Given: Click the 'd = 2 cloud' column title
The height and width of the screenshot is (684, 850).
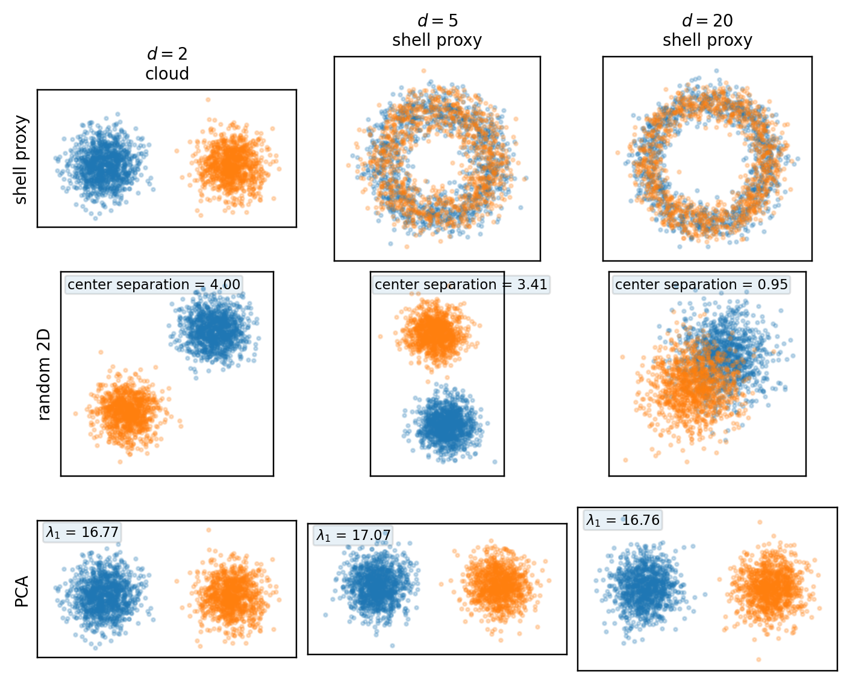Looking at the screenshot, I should click(x=167, y=63).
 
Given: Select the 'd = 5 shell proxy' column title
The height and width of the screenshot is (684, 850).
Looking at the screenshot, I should click(x=437, y=31).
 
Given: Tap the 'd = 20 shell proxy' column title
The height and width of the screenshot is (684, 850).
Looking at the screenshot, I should click(x=707, y=31).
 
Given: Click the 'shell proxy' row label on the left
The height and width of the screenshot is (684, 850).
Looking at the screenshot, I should click(x=21, y=160).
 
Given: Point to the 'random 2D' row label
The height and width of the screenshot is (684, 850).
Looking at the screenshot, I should click(x=44, y=374).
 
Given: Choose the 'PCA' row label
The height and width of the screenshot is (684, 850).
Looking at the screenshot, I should click(x=22, y=591).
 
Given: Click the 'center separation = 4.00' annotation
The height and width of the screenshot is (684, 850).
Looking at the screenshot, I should click(x=154, y=284).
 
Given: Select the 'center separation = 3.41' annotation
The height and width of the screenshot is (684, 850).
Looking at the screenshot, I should click(x=461, y=284).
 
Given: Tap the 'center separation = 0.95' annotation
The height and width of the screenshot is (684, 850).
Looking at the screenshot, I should click(x=701, y=284).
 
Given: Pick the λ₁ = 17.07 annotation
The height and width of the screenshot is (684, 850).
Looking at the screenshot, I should click(x=353, y=535).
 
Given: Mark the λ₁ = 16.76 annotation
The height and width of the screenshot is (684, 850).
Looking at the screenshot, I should click(x=623, y=520).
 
